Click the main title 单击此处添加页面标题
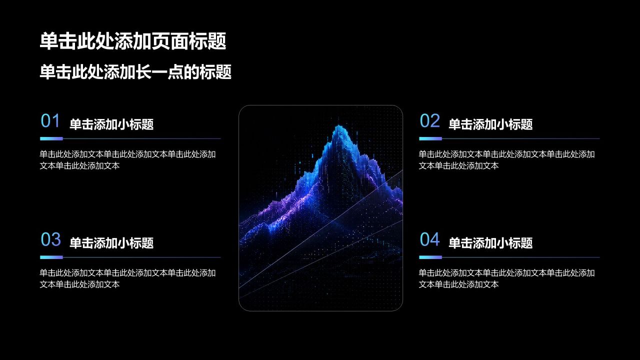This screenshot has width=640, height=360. [133, 41]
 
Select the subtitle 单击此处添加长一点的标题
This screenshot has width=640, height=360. [135, 71]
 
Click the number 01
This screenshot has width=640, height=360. [50, 120]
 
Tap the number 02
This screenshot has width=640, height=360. [429, 120]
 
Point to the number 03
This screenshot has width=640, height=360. [51, 239]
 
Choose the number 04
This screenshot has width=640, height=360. [429, 239]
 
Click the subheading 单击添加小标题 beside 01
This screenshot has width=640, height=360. [111, 124]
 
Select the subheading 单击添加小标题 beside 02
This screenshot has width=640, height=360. [490, 124]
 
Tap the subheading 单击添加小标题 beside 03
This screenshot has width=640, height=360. [111, 243]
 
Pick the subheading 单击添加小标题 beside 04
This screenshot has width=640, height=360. [490, 243]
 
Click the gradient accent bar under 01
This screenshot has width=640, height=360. [51, 139]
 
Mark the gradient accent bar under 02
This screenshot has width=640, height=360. [430, 139]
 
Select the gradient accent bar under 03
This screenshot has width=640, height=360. [51, 257]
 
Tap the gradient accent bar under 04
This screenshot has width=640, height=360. [430, 257]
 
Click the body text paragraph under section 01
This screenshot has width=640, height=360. [127, 160]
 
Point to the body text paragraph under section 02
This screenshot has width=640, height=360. [507, 160]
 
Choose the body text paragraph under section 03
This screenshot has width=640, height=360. [127, 278]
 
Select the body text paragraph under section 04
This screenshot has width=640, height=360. [507, 278]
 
